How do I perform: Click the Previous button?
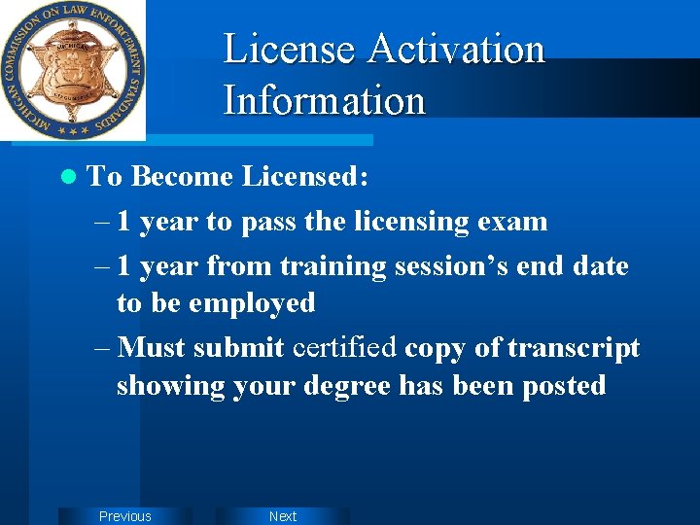click(x=125, y=516)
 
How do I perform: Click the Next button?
click(x=283, y=516)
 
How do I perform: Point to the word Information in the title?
click(x=325, y=100)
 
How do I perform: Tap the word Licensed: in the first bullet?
click(x=304, y=177)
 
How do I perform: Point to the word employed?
click(x=252, y=302)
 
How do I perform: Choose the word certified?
click(x=345, y=347)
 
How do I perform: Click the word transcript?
click(x=575, y=347)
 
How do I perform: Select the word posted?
click(x=564, y=385)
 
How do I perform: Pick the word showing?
click(x=171, y=385)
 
